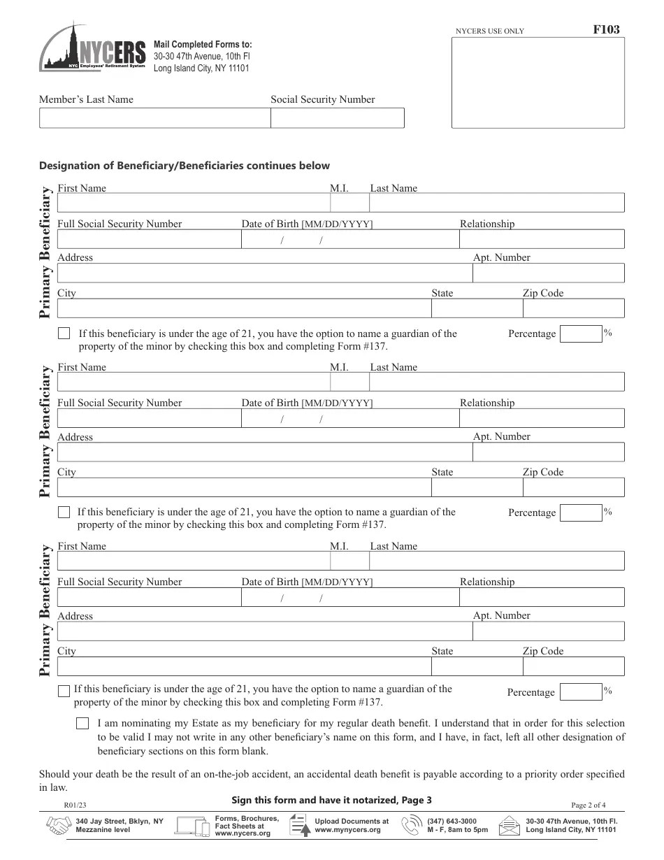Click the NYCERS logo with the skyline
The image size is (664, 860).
93,48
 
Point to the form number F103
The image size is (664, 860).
605,29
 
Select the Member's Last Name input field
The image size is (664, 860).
154,118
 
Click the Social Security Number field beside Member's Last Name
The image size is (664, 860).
337,118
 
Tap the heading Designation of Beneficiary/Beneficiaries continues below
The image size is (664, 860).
184,166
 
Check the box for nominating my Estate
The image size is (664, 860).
82,724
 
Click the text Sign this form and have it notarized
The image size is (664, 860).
331,800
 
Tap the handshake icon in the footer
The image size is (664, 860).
58,826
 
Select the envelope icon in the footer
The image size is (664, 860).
510,826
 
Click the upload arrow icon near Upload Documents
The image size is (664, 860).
300,826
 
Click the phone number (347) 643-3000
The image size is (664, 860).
452,821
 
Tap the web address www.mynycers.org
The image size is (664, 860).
347,830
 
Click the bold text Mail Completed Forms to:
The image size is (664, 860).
203,44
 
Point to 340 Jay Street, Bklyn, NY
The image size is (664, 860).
120,821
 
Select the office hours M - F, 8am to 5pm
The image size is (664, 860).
458,830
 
